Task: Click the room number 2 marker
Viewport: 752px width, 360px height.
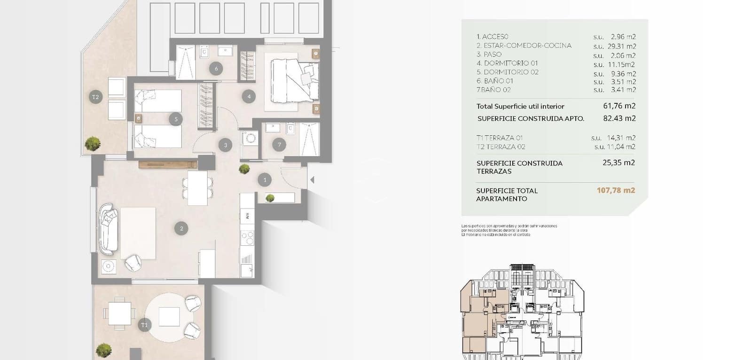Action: (x=181, y=229)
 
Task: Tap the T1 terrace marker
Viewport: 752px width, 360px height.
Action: (x=144, y=325)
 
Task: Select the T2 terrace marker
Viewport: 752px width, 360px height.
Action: (x=95, y=97)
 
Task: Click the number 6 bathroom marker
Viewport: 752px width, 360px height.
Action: (x=216, y=69)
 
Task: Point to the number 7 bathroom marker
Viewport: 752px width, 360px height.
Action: (x=279, y=145)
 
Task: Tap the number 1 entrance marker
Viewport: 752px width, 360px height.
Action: (x=265, y=180)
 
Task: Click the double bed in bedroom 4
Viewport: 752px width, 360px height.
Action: (x=294, y=80)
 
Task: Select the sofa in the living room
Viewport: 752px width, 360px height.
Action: (x=109, y=227)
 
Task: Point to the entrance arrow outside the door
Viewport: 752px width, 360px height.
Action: (x=312, y=180)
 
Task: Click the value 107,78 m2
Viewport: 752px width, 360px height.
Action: (x=616, y=190)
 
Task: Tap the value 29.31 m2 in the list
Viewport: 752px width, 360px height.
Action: (x=623, y=46)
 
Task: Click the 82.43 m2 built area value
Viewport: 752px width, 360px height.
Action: (x=619, y=118)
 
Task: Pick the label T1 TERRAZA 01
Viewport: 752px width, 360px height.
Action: (x=499, y=138)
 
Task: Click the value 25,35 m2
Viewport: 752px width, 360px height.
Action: (x=619, y=163)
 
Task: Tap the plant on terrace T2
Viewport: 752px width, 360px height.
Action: (x=93, y=143)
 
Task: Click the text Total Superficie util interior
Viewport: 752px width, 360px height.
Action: (x=520, y=106)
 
